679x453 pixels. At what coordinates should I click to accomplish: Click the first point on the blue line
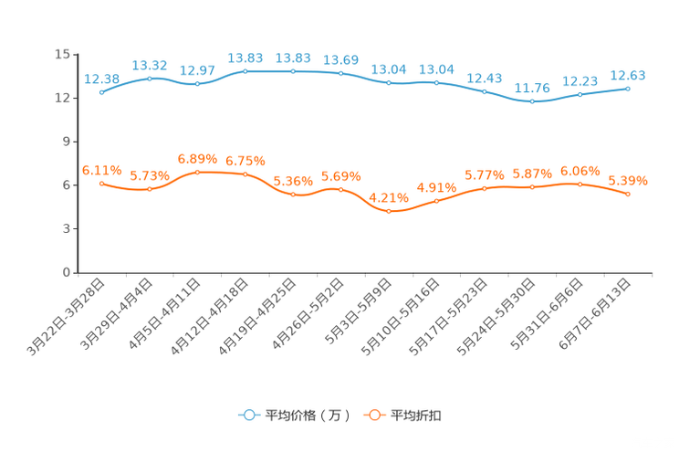pyautogui.click(x=101, y=91)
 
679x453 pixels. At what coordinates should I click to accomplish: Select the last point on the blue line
pyautogui.click(x=628, y=89)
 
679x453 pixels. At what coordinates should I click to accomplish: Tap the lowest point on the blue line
pyautogui.click(x=532, y=100)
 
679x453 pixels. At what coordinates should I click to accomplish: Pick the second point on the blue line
pyautogui.click(x=150, y=78)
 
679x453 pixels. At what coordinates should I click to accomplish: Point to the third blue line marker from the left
pyautogui.click(x=197, y=84)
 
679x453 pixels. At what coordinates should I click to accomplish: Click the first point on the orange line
pyautogui.click(x=101, y=183)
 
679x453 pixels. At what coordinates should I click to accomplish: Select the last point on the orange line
pyautogui.click(x=628, y=195)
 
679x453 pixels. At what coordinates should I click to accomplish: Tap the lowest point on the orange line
pyautogui.click(x=389, y=211)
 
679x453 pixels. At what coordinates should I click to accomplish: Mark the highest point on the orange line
pyautogui.click(x=197, y=172)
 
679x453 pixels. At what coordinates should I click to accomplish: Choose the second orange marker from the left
pyautogui.click(x=150, y=189)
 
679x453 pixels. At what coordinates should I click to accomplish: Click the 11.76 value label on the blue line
pyautogui.click(x=532, y=88)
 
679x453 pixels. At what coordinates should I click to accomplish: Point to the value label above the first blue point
pyautogui.click(x=101, y=79)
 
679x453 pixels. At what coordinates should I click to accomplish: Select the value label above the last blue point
pyautogui.click(x=628, y=75)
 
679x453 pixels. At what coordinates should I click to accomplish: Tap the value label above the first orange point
pyautogui.click(x=101, y=169)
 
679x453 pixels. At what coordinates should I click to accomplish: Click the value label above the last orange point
pyautogui.click(x=628, y=181)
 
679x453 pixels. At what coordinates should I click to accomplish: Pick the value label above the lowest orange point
pyautogui.click(x=389, y=197)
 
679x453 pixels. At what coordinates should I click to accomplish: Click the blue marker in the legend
pyautogui.click(x=248, y=415)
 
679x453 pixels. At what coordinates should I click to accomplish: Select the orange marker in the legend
pyautogui.click(x=373, y=415)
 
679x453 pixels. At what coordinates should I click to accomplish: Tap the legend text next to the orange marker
pyautogui.click(x=416, y=416)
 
